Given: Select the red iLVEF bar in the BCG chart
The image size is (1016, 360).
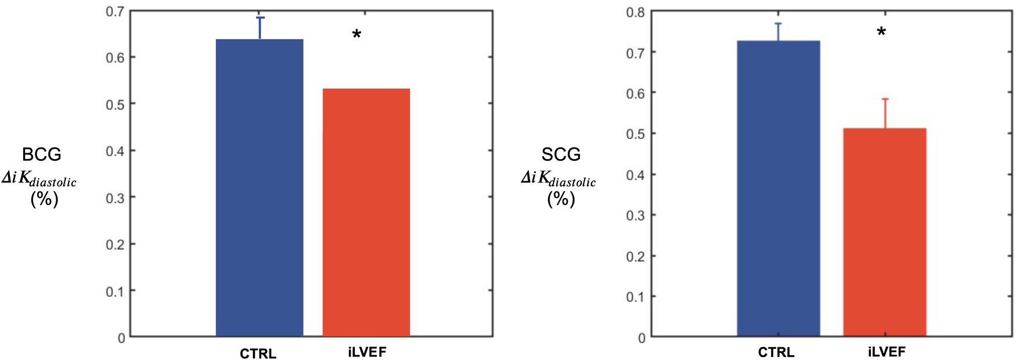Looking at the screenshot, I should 366,213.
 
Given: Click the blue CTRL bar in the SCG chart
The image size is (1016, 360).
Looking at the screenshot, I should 779,189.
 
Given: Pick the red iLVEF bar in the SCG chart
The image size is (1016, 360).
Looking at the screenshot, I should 885,232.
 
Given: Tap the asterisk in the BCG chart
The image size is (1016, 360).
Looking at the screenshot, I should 356,35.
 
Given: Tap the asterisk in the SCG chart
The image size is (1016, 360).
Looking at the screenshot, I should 881,33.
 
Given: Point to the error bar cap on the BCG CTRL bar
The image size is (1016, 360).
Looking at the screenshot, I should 260,18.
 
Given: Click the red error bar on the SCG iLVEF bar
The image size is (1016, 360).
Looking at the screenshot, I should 885,113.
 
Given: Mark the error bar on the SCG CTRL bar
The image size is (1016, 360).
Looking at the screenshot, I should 779,32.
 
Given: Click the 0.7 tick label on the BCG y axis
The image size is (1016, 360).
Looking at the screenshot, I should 114,11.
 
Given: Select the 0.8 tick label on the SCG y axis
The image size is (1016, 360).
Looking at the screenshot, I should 635,12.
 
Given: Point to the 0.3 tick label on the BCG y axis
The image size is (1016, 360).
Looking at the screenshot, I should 114,198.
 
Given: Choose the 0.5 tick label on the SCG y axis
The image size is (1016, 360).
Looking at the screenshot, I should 635,134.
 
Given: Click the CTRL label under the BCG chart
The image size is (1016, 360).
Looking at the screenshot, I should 258,354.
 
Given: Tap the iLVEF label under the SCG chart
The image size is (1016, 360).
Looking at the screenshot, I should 887,352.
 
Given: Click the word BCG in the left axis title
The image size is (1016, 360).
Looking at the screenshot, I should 41,154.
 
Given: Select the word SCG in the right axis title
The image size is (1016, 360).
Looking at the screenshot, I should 561,154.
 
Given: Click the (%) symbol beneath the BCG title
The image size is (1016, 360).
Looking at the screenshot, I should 44,199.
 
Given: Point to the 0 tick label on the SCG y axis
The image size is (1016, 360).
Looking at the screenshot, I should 641,338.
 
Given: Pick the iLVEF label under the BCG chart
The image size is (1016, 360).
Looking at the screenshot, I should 367,352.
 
